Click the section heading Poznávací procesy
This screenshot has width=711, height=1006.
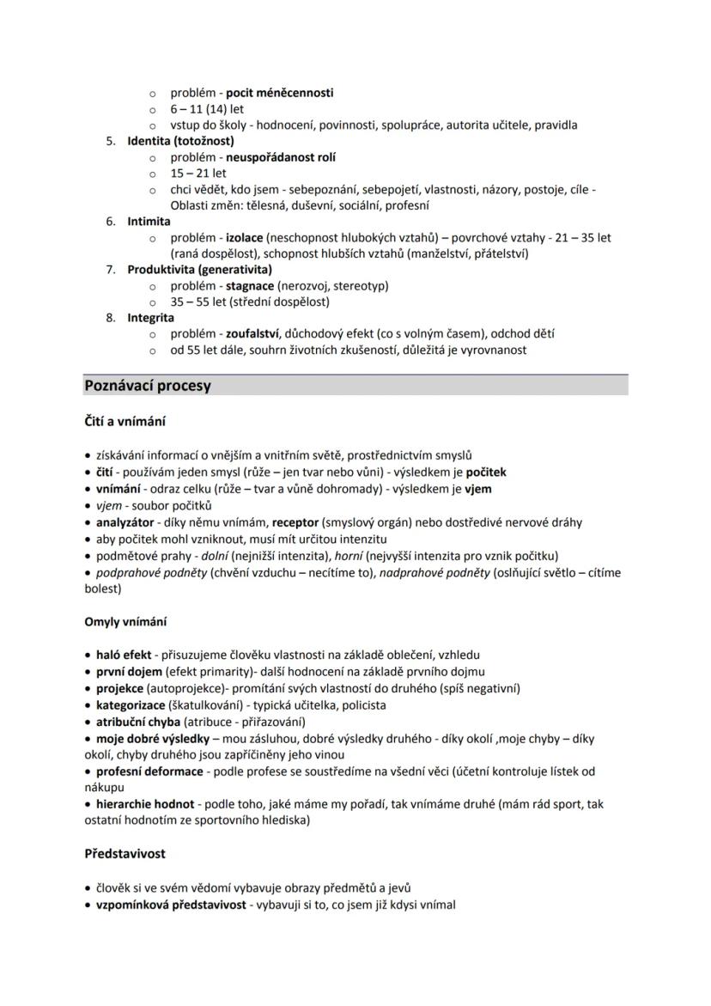tap(148, 386)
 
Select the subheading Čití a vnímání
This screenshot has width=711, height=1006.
tap(125, 421)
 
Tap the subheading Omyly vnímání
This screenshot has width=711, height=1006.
tap(125, 621)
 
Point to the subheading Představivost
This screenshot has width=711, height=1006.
tap(125, 854)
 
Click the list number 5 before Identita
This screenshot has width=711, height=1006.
tap(111, 141)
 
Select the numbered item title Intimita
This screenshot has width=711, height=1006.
tap(149, 222)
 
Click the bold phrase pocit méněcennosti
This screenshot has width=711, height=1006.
tap(279, 93)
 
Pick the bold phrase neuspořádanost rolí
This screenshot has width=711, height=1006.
tap(281, 157)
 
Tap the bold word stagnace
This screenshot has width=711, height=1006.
tap(250, 285)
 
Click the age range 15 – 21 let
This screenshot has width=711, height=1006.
tap(198, 174)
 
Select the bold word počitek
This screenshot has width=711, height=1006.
tap(486, 473)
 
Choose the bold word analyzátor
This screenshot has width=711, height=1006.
tap(125, 522)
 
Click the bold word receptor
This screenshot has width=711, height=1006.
tap(295, 522)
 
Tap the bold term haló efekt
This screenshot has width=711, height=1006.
tap(124, 655)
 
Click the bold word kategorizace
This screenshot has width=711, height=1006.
tap(132, 705)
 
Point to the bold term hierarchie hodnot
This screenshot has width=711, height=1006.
tap(145, 805)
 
